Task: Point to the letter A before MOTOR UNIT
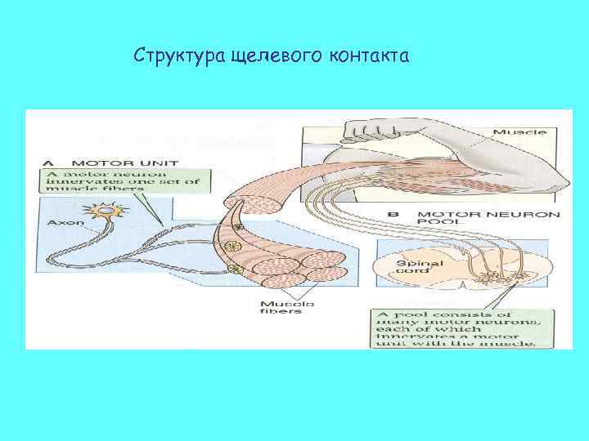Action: (x=48, y=162)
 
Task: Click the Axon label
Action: (x=65, y=221)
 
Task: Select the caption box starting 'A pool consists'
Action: (x=456, y=328)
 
